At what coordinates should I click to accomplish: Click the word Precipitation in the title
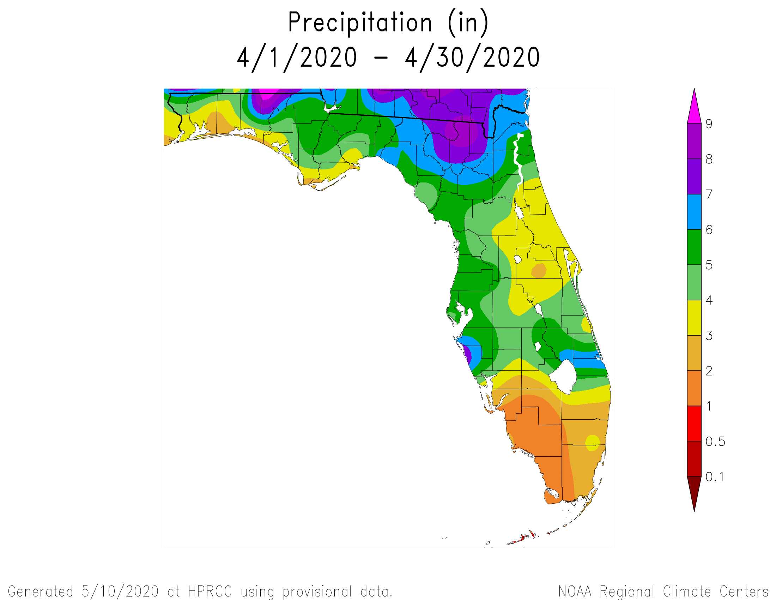(359, 23)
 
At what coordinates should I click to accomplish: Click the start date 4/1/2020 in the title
(297, 58)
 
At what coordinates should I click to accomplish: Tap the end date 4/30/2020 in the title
(472, 58)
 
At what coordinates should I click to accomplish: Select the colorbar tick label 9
(709, 124)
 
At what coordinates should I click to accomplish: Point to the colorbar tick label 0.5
(715, 442)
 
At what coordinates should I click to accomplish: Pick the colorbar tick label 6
(709, 230)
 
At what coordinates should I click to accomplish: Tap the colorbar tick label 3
(709, 336)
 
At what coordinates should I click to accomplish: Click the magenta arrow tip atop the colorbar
(694, 107)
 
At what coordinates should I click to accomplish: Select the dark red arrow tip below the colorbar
(694, 492)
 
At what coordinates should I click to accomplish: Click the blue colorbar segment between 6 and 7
(694, 212)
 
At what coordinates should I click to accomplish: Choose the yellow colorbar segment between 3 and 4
(694, 318)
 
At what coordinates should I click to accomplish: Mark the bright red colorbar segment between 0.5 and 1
(694, 424)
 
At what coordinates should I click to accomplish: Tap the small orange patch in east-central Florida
(539, 271)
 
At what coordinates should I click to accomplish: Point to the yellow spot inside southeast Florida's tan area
(592, 443)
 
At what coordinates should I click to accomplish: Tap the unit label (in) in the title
(468, 23)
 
